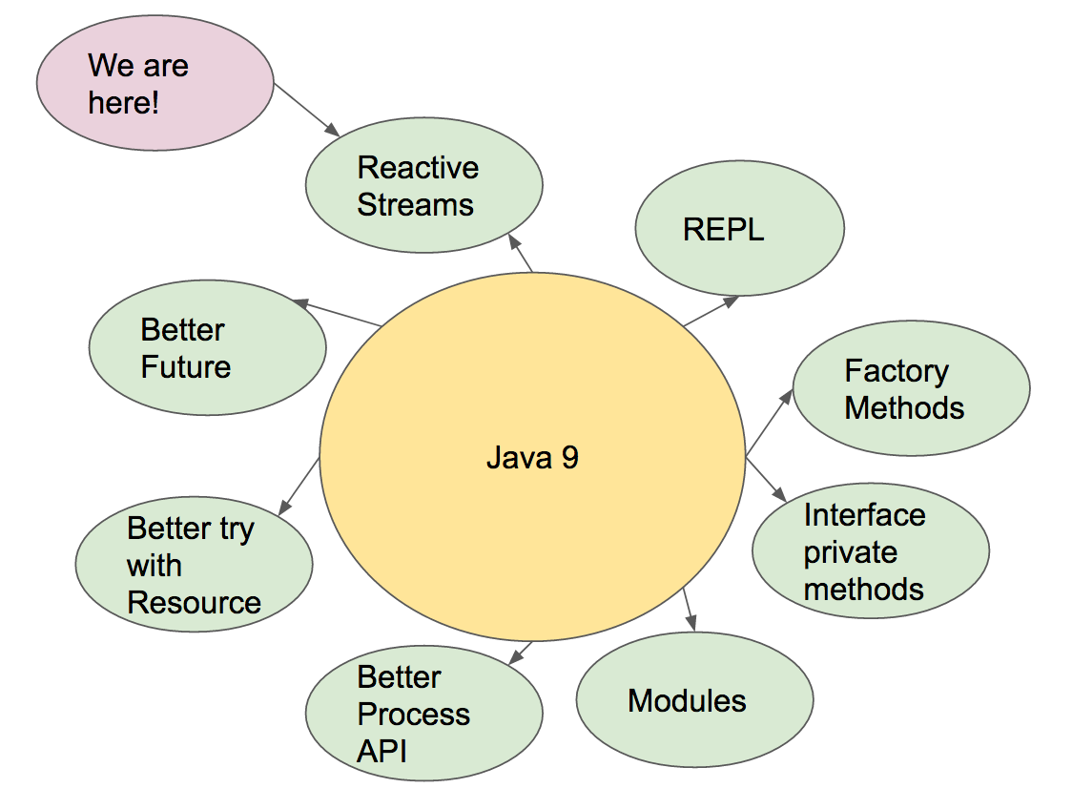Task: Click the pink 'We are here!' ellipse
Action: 155,83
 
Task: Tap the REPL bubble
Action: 739,229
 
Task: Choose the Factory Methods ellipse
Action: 911,389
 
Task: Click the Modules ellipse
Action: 694,700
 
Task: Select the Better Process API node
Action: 423,715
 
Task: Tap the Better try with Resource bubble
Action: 194,566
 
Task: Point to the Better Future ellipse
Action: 207,348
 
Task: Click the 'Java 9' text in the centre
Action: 532,458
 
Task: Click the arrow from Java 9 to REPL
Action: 711,311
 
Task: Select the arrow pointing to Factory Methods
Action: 769,421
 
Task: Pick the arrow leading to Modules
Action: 690,610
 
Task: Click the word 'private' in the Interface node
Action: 850,552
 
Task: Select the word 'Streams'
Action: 415,204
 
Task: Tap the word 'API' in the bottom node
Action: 381,751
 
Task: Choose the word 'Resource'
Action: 194,603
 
